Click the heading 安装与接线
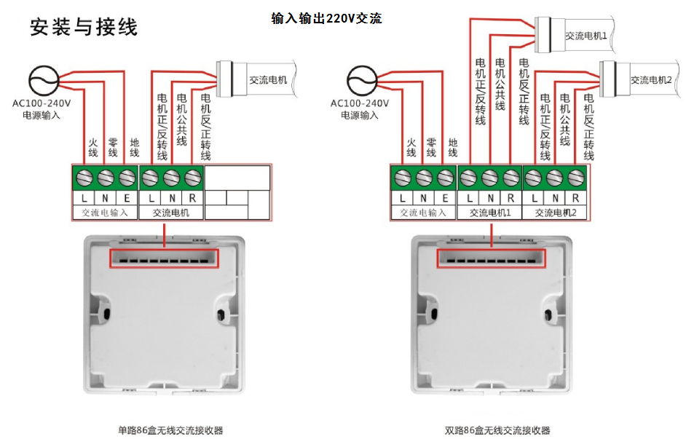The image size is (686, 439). tap(83, 28)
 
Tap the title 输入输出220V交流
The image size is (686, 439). tap(326, 18)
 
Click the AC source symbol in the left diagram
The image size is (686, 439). tap(42, 81)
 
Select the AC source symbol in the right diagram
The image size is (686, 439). tap(360, 81)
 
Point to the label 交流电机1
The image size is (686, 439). tap(586, 35)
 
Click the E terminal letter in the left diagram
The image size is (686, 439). tap(127, 197)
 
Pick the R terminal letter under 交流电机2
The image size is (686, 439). tap(576, 197)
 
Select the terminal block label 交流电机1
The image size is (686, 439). tap(490, 213)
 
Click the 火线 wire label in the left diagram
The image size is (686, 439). tap(92, 147)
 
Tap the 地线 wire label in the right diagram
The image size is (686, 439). tap(452, 147)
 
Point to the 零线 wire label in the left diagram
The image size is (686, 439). tap(113, 147)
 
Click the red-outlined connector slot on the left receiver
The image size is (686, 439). tap(164, 258)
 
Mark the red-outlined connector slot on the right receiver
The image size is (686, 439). tap(491, 258)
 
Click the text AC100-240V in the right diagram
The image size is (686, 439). tap(359, 103)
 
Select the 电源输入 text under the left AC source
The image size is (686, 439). tap(41, 115)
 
